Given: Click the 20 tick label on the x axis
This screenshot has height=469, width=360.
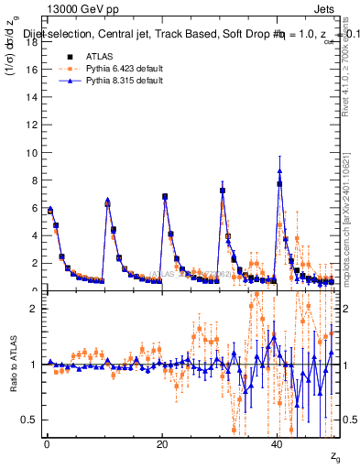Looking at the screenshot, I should (162, 442).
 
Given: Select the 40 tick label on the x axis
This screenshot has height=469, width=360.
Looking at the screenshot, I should (278, 442).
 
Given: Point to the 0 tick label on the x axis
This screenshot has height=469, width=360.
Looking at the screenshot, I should (47, 442).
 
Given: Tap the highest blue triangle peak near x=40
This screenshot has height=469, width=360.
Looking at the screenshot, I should (279, 171).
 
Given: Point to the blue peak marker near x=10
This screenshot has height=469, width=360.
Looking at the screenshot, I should (107, 202).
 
